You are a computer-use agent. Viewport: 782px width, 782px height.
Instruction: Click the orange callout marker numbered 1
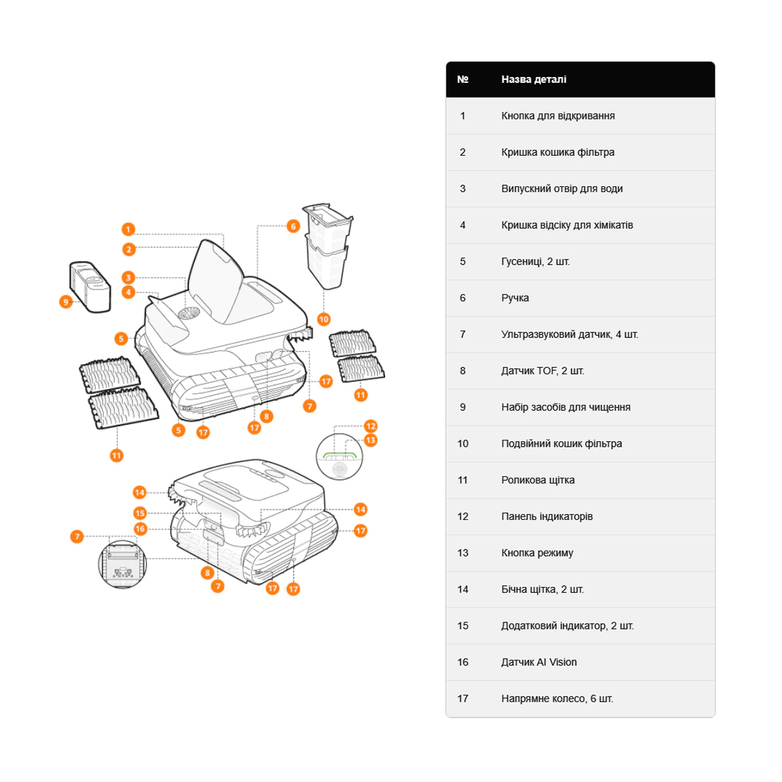click(x=128, y=229)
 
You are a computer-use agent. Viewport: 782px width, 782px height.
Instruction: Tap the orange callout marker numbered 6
click(x=293, y=226)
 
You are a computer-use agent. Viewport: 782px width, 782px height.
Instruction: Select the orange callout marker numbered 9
click(x=66, y=302)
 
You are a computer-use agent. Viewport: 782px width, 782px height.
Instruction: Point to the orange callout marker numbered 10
click(x=323, y=319)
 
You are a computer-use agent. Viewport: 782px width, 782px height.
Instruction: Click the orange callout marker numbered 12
click(x=371, y=426)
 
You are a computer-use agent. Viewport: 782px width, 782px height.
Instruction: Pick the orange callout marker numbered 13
click(x=371, y=441)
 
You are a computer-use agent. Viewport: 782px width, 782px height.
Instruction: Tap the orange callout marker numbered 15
click(x=140, y=513)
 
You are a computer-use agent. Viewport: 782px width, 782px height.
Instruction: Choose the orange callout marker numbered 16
click(x=140, y=529)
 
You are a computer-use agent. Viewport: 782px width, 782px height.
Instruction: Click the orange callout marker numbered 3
click(x=128, y=278)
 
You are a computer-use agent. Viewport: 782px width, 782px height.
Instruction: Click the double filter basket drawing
click(x=327, y=246)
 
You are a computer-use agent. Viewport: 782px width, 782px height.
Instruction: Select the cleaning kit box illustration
click(x=90, y=287)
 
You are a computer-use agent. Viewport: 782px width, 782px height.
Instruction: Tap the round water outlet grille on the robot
click(x=189, y=313)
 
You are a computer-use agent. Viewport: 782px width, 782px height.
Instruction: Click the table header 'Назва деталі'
click(x=534, y=80)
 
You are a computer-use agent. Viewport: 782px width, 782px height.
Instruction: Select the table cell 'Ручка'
click(x=515, y=298)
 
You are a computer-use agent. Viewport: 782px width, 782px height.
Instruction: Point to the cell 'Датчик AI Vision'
click(x=539, y=662)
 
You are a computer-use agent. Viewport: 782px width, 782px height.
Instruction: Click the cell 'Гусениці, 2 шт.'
click(x=535, y=262)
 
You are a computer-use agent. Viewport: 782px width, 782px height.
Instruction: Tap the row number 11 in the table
click(x=463, y=480)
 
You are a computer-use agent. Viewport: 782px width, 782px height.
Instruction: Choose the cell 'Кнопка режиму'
click(x=537, y=553)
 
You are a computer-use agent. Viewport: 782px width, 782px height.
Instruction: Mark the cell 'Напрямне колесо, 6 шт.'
click(x=557, y=699)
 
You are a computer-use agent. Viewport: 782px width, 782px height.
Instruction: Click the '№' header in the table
click(x=463, y=80)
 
